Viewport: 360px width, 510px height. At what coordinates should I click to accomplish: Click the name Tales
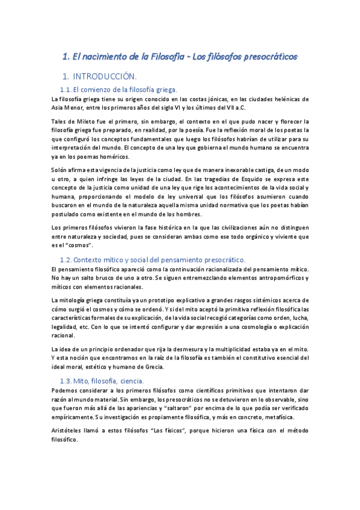point(59,121)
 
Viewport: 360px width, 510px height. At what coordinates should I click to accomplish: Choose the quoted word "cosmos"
point(79,245)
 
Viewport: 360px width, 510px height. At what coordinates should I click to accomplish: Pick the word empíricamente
point(77,418)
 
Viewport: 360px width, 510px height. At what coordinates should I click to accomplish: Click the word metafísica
point(279,418)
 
